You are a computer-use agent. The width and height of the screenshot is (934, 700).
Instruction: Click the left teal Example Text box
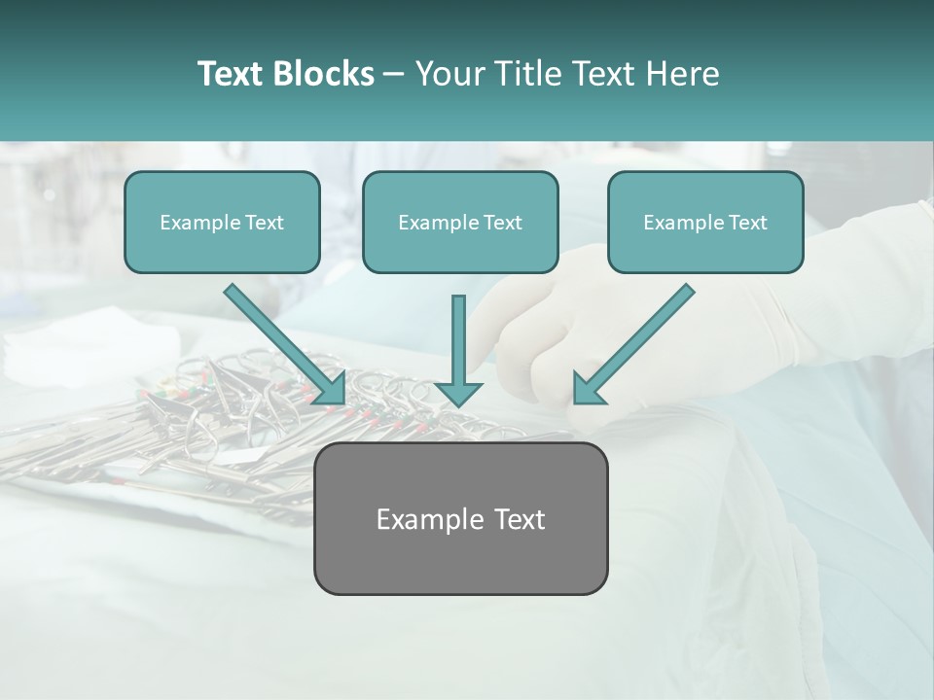(x=222, y=223)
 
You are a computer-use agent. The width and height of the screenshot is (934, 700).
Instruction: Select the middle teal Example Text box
(x=460, y=223)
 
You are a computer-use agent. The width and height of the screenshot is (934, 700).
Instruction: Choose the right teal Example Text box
(x=705, y=223)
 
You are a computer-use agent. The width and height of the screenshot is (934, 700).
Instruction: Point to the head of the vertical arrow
(x=459, y=393)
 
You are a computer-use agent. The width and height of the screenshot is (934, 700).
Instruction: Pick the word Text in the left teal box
(x=264, y=223)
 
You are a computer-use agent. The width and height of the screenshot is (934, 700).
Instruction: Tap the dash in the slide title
(x=394, y=74)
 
